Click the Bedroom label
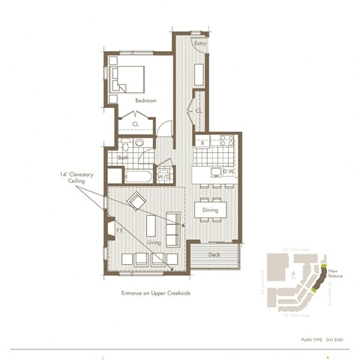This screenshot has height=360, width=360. click(x=145, y=100)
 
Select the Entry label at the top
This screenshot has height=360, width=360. click(x=199, y=44)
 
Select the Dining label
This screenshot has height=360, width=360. click(x=210, y=211)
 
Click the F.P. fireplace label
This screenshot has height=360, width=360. click(x=119, y=230)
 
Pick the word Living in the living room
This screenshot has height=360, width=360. click(x=154, y=243)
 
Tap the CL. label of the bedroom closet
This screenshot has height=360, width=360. click(x=136, y=124)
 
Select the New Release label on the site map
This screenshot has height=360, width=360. click(x=335, y=275)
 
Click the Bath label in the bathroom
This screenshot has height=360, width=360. click(x=122, y=157)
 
